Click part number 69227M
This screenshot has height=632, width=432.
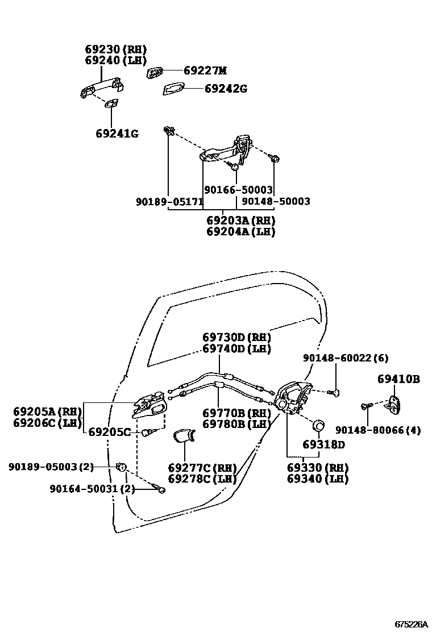pyautogui.click(x=205, y=71)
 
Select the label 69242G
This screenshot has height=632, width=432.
pyautogui.click(x=226, y=89)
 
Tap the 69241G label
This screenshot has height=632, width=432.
pyautogui.click(x=117, y=134)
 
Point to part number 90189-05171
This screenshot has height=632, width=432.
pyautogui.click(x=169, y=201)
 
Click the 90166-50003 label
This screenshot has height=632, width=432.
pyautogui.click(x=238, y=190)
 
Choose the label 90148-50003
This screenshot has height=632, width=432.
pyautogui.click(x=276, y=201)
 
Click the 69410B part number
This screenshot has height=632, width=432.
pyautogui.click(x=398, y=379)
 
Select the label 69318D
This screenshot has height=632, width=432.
pyautogui.click(x=323, y=444)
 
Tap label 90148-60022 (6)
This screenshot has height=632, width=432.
pyautogui.click(x=345, y=358)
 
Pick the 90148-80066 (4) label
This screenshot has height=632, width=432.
pyautogui.click(x=378, y=430)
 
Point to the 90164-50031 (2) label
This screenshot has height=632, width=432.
pyautogui.click(x=92, y=488)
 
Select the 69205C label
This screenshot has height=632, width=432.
pyautogui.click(x=109, y=431)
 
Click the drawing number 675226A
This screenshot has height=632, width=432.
pyautogui.click(x=412, y=624)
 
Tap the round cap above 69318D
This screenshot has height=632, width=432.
pyautogui.click(x=319, y=425)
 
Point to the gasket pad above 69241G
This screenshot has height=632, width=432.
pyautogui.click(x=111, y=103)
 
